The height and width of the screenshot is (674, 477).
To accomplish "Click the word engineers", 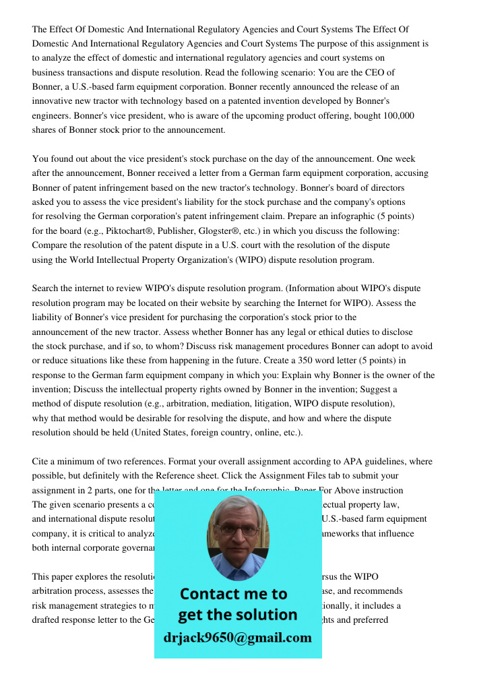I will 51,116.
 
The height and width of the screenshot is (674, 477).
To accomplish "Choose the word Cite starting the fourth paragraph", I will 42,462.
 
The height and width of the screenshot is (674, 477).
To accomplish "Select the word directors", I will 384,187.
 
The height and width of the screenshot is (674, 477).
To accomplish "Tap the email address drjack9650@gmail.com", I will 238,638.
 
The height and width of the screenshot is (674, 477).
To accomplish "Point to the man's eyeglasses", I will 236,530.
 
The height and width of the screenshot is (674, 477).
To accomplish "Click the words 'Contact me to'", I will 233,594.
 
